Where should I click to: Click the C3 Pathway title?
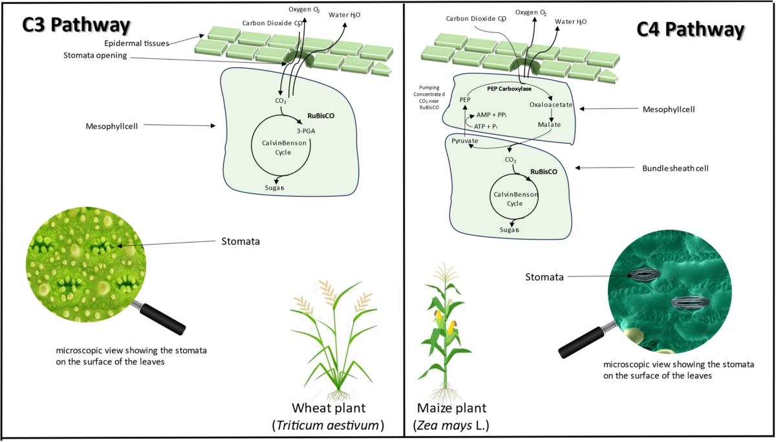(76, 25)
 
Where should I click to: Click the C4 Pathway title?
(691, 30)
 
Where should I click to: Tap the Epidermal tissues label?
(136, 43)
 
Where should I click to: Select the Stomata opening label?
(95, 56)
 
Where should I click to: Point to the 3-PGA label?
(305, 131)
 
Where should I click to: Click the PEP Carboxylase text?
(510, 89)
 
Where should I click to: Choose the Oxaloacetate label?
(551, 105)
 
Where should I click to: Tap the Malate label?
(549, 124)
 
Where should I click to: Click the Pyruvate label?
(464, 140)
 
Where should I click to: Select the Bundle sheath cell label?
(675, 168)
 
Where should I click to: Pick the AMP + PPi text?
(491, 115)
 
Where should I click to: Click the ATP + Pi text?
(486, 127)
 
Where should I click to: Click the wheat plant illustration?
(333, 340)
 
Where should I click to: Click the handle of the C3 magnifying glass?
(162, 319)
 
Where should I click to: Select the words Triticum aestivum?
(327, 425)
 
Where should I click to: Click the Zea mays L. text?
(451, 425)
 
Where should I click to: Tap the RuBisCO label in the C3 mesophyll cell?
(321, 116)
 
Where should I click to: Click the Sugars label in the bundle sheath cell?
(510, 230)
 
